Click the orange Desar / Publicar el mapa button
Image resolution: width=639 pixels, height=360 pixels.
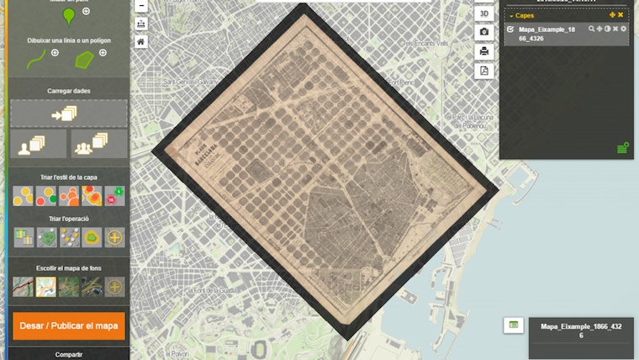(x=69, y=326)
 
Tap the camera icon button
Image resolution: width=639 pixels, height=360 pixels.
(x=484, y=32)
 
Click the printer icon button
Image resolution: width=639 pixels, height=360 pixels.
(x=484, y=51)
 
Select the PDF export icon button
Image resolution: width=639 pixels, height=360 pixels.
(x=484, y=71)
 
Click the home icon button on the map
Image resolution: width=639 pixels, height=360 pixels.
(x=140, y=41)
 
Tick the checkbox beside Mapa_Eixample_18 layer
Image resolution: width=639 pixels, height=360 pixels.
(x=510, y=29)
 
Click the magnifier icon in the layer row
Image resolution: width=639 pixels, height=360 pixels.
(x=592, y=29)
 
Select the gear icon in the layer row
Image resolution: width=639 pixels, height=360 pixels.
(x=623, y=29)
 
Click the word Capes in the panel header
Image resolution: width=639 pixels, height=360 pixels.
(x=525, y=15)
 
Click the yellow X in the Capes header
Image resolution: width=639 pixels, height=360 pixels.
(x=621, y=15)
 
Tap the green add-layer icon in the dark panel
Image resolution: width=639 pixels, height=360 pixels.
(x=622, y=148)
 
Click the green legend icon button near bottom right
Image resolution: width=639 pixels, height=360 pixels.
(x=515, y=325)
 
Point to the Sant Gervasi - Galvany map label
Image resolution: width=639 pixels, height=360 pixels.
(x=190, y=82)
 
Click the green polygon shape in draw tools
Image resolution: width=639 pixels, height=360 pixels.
(x=85, y=59)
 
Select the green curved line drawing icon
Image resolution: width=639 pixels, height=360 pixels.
(x=36, y=59)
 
